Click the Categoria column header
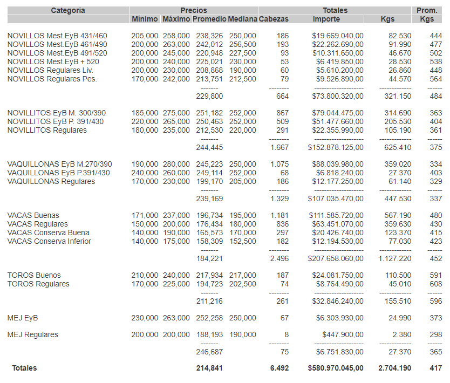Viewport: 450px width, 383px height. pyautogui.click(x=68, y=10)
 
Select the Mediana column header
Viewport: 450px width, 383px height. pyautogui.click(x=242, y=19)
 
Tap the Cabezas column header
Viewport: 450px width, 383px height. pyautogui.click(x=274, y=19)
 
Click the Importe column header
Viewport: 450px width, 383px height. pyautogui.click(x=326, y=19)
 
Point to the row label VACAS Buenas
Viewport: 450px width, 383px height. pyautogui.click(x=33, y=215)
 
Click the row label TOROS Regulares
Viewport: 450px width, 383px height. pyautogui.click(x=38, y=284)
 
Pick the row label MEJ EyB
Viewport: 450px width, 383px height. pyautogui.click(x=23, y=318)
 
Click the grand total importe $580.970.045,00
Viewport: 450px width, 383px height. pyautogui.click(x=336, y=368)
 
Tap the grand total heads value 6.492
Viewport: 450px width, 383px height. pyautogui.click(x=279, y=368)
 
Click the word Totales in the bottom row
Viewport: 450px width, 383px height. pyautogui.click(x=25, y=368)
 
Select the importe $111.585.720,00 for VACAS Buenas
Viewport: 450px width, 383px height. pyautogui.click(x=337, y=215)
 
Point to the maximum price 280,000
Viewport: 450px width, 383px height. pyautogui.click(x=176, y=164)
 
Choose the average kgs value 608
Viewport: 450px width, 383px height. pyautogui.click(x=435, y=284)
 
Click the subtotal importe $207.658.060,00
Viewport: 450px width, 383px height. pyautogui.click(x=336, y=258)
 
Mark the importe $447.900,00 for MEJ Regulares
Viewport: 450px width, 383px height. pyautogui.click(x=343, y=334)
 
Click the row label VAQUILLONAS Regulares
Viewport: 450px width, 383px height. pyautogui.click(x=51, y=181)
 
